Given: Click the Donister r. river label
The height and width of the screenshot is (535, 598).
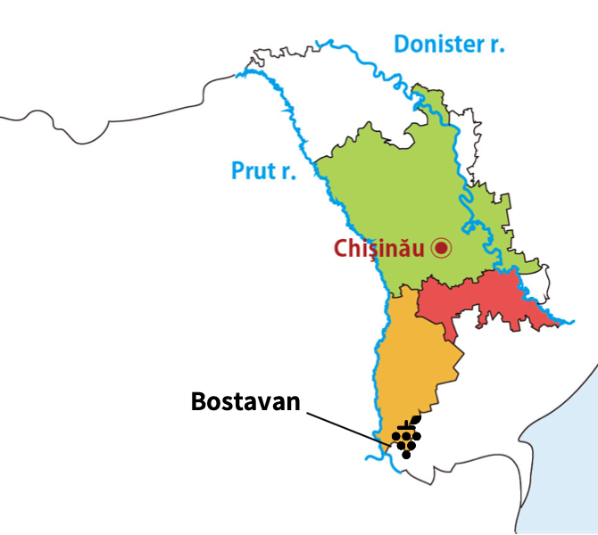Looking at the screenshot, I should click(449, 43).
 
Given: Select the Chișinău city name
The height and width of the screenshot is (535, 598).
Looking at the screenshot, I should click(379, 249).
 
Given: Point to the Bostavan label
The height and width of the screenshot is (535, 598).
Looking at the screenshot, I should click(245, 401).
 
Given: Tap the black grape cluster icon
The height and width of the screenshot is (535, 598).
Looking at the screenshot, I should click(407, 435).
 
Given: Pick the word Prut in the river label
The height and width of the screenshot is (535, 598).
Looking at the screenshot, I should click(252, 170).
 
